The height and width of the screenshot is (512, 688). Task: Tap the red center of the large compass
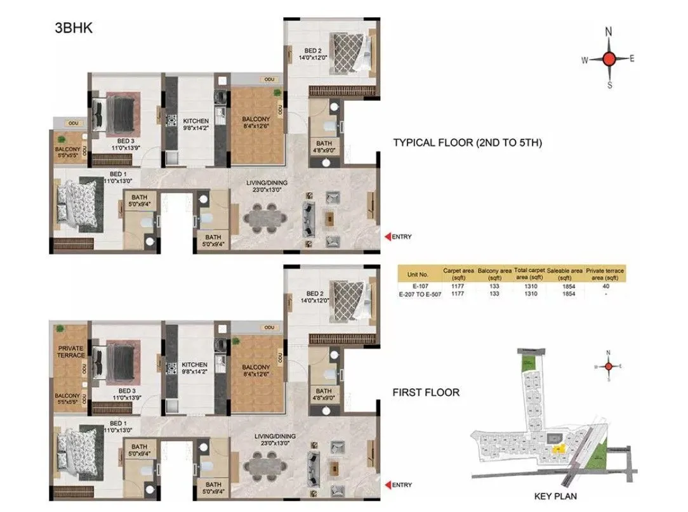(609, 59)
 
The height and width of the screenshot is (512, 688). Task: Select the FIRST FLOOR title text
(425, 393)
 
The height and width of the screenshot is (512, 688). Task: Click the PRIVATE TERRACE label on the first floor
(71, 351)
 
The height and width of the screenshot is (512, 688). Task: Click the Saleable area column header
(565, 274)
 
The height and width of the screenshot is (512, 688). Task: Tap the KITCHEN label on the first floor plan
(195, 365)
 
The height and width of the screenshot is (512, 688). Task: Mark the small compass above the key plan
(609, 367)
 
